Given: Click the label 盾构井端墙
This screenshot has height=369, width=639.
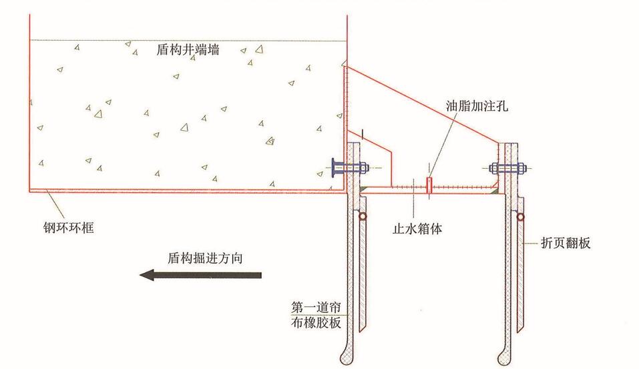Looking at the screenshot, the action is pos(188,49).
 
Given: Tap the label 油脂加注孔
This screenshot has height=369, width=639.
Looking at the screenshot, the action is pos(477,106).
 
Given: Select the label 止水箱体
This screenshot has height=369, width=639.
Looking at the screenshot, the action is pos(417,229).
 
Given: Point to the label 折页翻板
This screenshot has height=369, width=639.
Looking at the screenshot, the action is pos(566,243).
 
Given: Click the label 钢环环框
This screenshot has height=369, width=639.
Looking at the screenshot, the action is pos(69,228).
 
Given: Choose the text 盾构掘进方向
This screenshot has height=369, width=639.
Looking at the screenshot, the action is pos(205,258).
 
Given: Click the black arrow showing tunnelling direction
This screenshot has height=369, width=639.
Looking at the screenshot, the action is pos(200,276).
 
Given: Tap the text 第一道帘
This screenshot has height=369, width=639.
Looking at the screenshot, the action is pos(316,307).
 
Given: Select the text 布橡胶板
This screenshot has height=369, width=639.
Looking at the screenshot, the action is pos(316,322).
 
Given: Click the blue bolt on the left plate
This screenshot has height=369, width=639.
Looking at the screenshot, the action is pos(350,167).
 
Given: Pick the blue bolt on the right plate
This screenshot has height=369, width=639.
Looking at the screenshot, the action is pos(507,167).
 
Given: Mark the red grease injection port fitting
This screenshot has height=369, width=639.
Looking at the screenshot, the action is pos(429,186).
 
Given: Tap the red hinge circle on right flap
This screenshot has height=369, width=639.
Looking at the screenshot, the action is pos(520,217).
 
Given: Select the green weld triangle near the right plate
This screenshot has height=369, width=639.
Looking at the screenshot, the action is pos(494,190).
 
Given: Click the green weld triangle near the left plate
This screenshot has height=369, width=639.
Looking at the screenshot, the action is pos(365,189).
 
